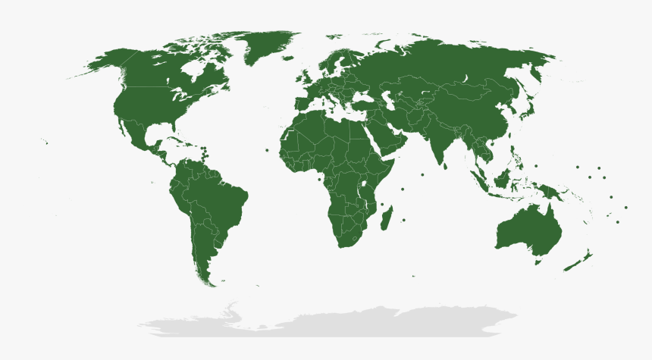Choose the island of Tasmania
coord(538,261)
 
